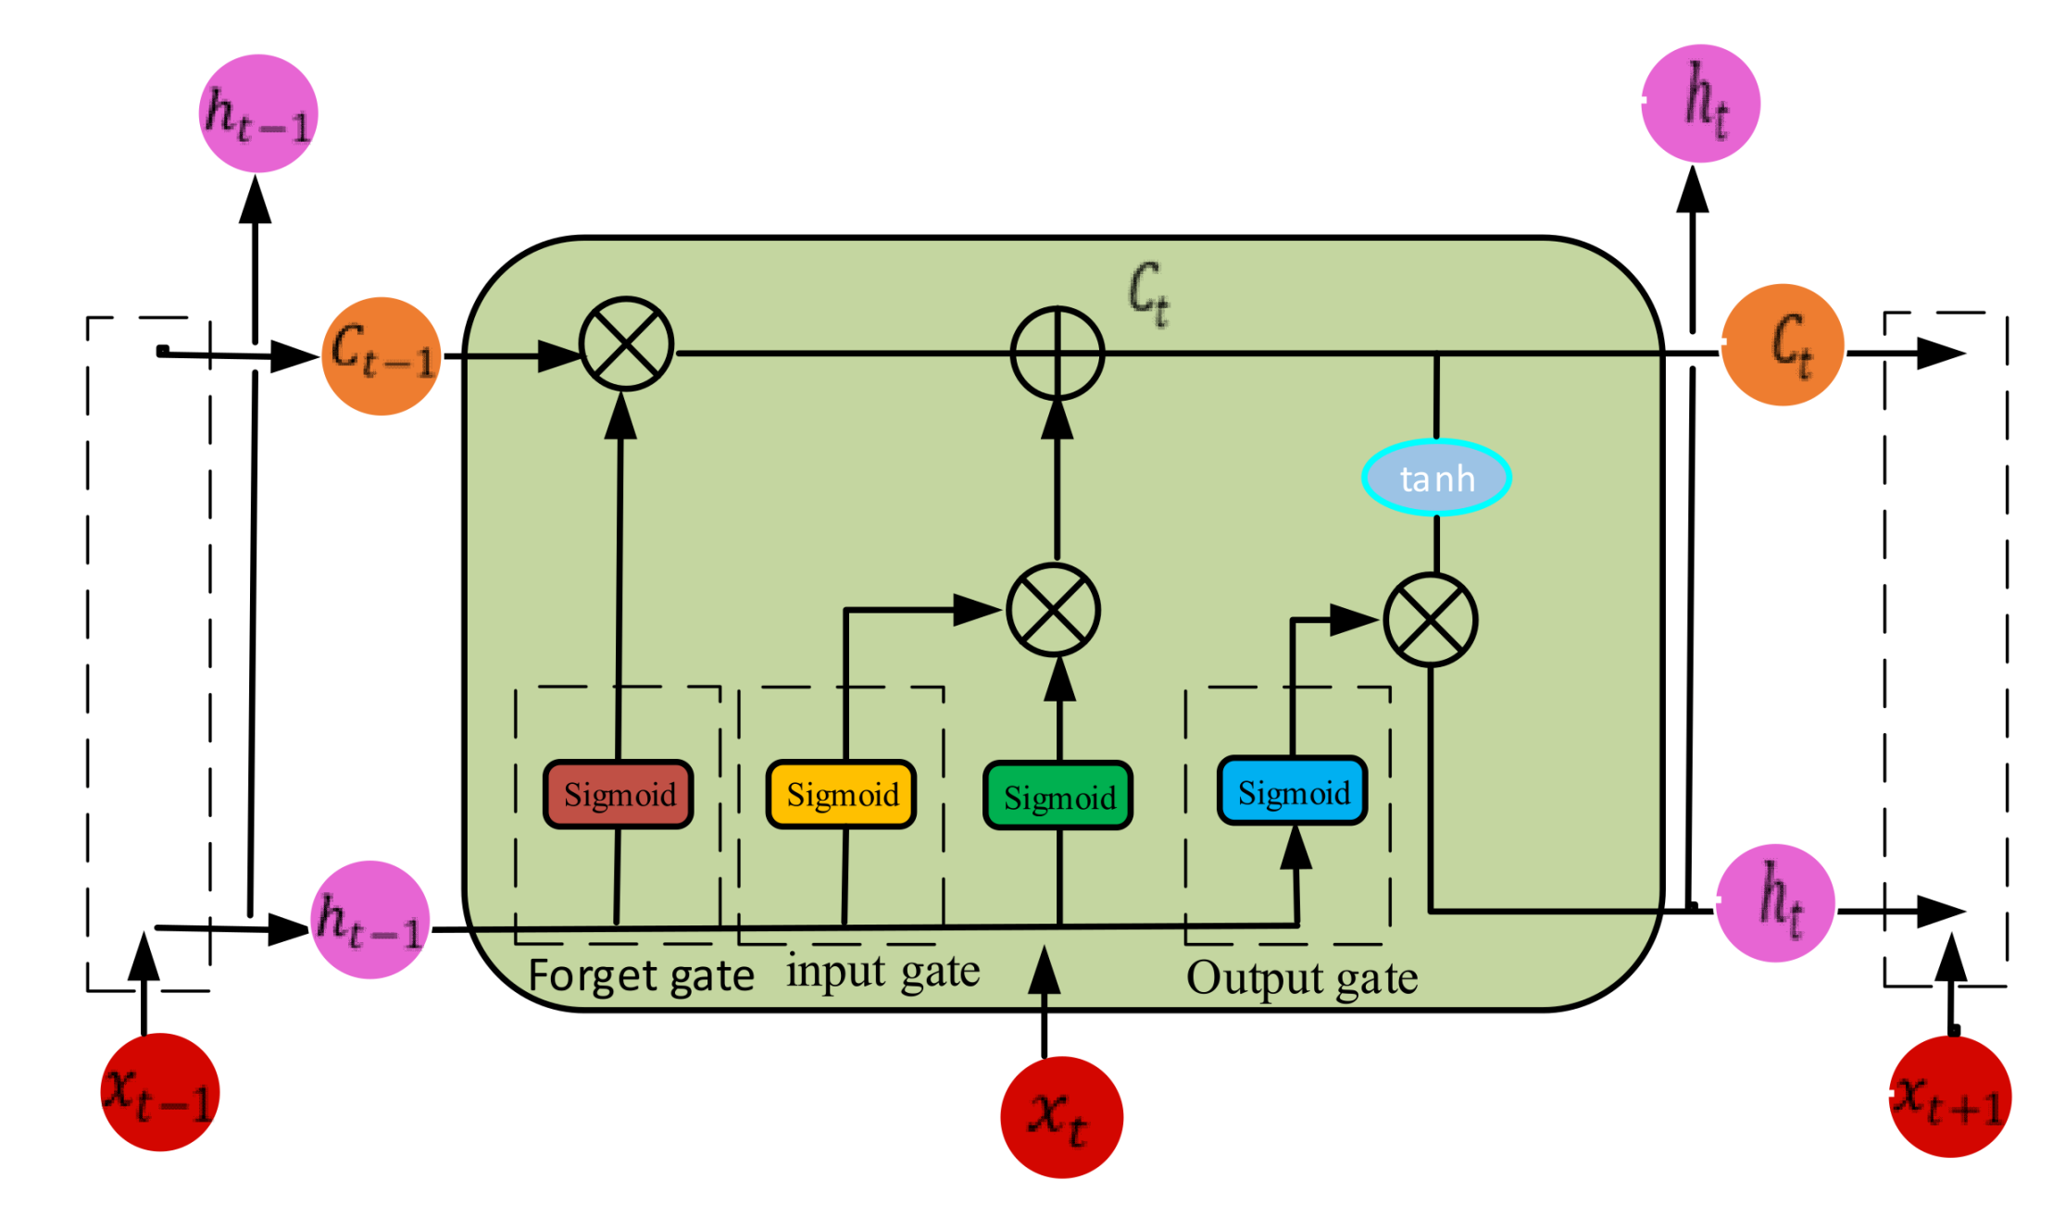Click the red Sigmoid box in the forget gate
(618, 794)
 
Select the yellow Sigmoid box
(841, 794)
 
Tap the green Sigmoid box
(1058, 796)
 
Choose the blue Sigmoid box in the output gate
(1292, 791)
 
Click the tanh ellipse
(1436, 478)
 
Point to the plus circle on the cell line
(1057, 353)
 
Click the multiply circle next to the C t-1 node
(626, 344)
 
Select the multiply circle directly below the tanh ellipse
(1431, 620)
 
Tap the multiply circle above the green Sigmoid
(1053, 610)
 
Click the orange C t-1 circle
(381, 355)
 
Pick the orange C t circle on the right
(1783, 344)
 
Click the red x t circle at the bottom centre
(1061, 1116)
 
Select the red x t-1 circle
(159, 1092)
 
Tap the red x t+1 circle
(1949, 1097)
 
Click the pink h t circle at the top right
(1701, 103)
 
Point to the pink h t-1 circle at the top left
(258, 113)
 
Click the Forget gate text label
(641, 976)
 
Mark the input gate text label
(882, 973)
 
